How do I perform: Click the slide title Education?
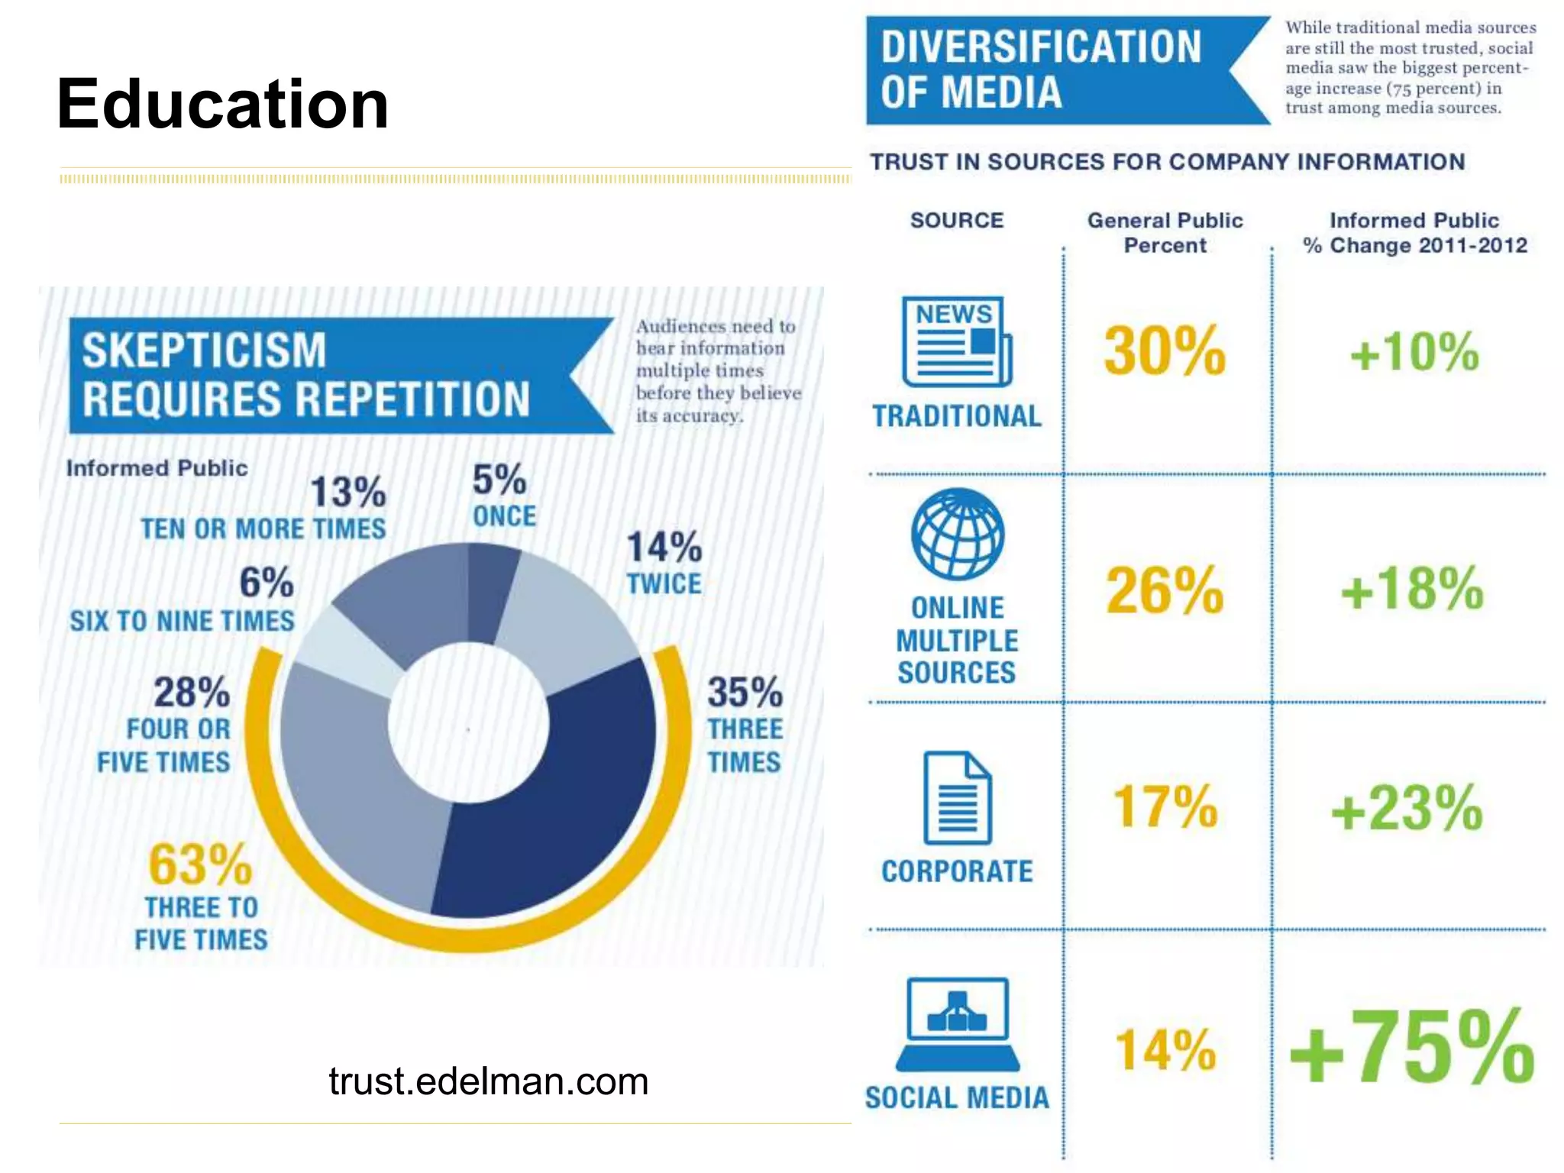click(x=222, y=105)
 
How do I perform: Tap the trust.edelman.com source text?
click(x=488, y=1081)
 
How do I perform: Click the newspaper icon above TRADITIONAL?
click(x=957, y=342)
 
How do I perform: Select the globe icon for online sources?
click(x=958, y=534)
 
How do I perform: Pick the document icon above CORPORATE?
click(x=958, y=798)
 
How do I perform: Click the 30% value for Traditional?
click(x=1165, y=351)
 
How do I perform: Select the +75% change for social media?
click(x=1411, y=1048)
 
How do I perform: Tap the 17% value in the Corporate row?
click(x=1165, y=806)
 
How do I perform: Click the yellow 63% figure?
click(x=200, y=864)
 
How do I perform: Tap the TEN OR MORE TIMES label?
click(x=263, y=528)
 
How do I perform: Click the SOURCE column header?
click(x=957, y=221)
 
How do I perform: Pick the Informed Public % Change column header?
click(x=1414, y=233)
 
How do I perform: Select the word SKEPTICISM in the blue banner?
click(x=204, y=350)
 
